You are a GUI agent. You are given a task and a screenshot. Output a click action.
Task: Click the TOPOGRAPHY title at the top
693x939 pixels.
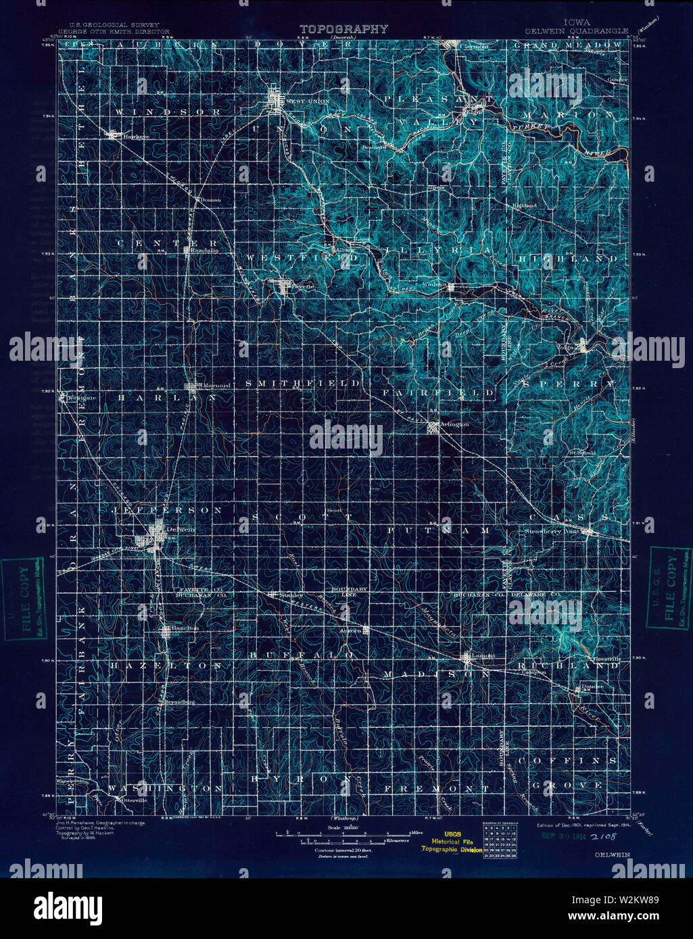coord(344,29)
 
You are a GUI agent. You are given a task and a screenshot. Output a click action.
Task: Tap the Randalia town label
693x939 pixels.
coord(204,249)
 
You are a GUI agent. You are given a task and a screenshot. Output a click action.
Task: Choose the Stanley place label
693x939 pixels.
coord(290,595)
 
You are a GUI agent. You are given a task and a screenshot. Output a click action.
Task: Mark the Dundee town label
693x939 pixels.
coord(592,688)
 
